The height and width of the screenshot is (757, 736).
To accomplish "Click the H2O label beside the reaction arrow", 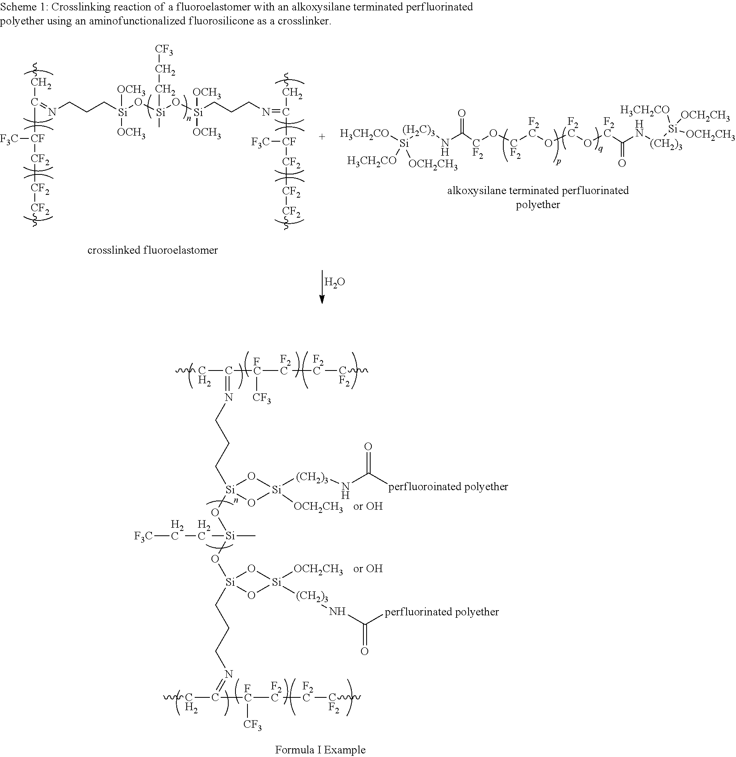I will (334, 282).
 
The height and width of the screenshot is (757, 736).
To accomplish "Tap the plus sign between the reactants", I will (322, 137).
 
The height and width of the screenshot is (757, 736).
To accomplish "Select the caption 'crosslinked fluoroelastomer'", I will (153, 250).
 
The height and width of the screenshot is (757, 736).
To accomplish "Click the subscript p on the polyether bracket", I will (558, 162).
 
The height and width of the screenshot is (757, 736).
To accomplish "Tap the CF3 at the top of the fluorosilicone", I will (164, 50).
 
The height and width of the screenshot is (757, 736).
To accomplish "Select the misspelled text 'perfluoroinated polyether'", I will (448, 487).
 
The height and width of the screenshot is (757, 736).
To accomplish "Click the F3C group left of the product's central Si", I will (143, 536).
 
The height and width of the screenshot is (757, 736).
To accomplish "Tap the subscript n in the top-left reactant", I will (189, 119).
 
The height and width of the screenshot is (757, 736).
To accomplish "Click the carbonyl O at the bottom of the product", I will (364, 651).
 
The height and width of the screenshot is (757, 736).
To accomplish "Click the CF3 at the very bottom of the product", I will (252, 725).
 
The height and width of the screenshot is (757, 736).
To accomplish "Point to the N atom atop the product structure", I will (229, 397).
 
